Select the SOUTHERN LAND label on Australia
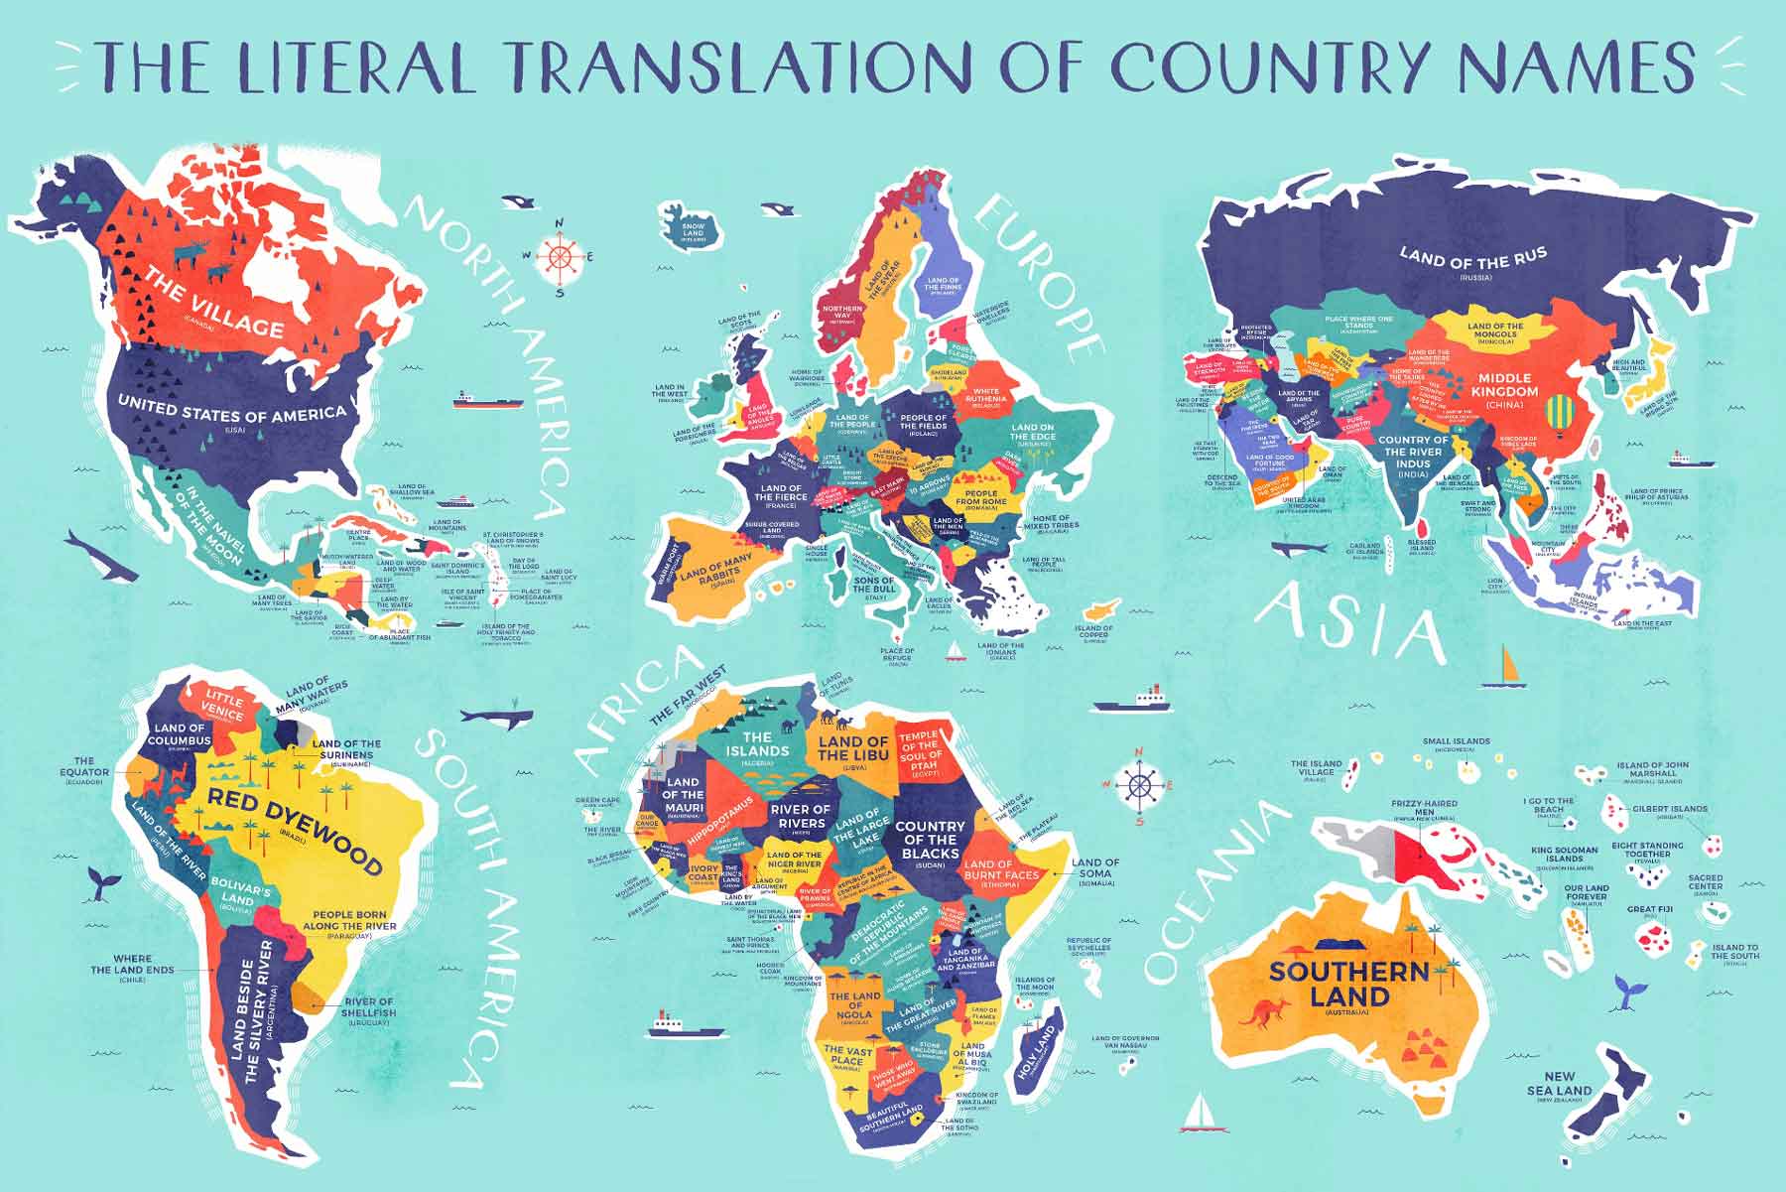point(1348,983)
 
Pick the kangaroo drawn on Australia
point(1263,1014)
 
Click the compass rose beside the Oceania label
point(1139,786)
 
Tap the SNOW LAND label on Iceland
point(693,230)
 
